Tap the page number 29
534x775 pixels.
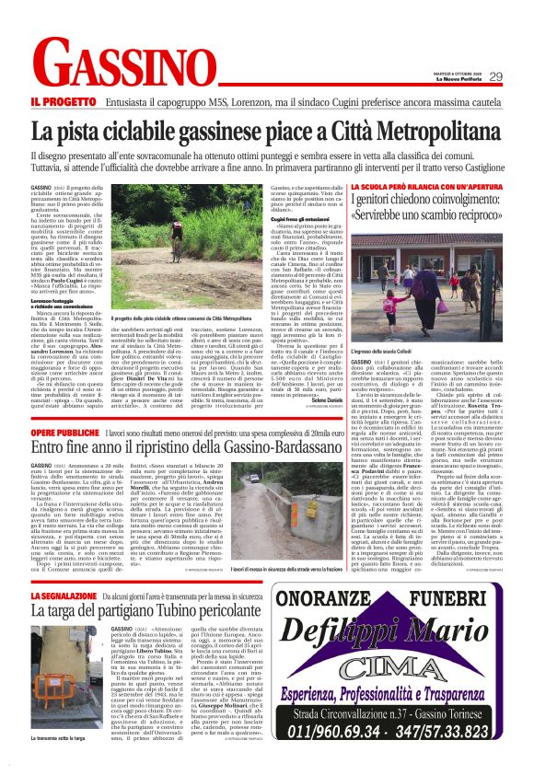pos(495,76)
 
